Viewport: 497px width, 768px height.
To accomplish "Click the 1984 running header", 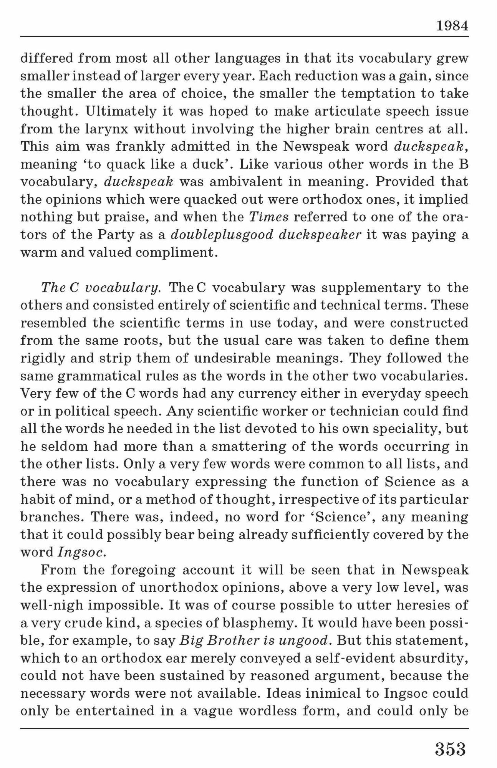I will [452, 26].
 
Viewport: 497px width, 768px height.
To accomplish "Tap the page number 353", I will [450, 749].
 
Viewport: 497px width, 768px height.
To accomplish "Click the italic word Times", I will [269, 217].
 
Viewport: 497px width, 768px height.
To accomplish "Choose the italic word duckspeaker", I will [320, 235].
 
